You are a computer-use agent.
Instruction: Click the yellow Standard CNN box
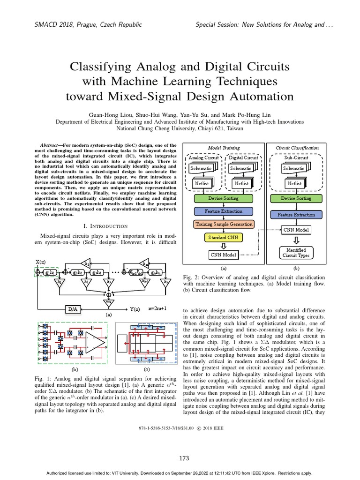[223, 237]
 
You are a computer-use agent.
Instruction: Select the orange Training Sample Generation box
[224, 225]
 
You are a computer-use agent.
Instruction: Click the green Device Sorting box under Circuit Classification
[295, 198]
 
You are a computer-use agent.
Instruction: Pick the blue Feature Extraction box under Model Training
[223, 211]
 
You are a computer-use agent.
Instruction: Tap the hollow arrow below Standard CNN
[223, 246]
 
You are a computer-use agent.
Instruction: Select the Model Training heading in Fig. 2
[223, 148]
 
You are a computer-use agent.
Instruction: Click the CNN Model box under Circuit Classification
[295, 230]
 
